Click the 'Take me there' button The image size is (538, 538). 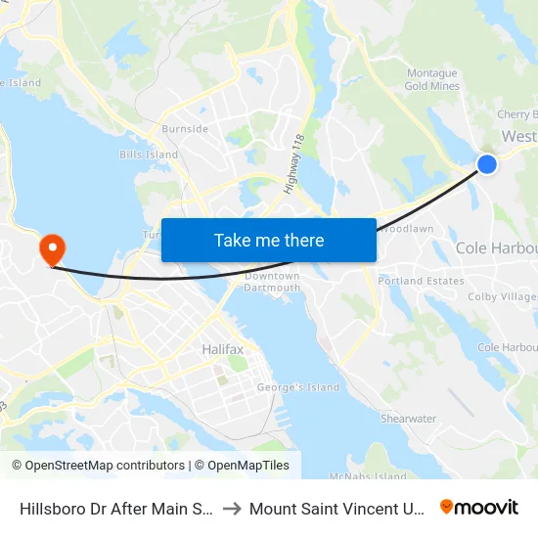coord(269,240)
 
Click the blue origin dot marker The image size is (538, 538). coord(486,164)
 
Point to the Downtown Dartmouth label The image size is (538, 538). coord(272,282)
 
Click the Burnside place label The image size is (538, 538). coord(185,129)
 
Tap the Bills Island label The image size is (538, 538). coord(149,155)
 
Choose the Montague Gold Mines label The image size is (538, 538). coord(431,80)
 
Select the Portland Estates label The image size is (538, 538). coord(422,282)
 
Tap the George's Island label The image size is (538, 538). coord(297,387)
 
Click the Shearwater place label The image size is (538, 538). coord(408,419)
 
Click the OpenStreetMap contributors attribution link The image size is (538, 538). coord(98,466)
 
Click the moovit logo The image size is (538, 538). coord(479,508)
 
